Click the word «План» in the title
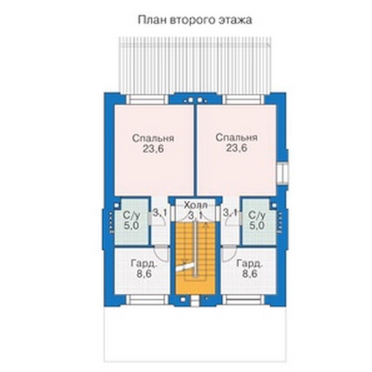pyautogui.click(x=153, y=20)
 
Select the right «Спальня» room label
pyautogui.click(x=237, y=138)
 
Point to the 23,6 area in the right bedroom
pyautogui.click(x=237, y=148)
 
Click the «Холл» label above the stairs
pyautogui.click(x=196, y=205)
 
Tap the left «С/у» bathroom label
pyautogui.click(x=132, y=216)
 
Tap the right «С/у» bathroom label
pyautogui.click(x=257, y=216)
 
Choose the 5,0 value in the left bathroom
pyautogui.click(x=132, y=226)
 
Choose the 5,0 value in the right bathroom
pyautogui.click(x=257, y=226)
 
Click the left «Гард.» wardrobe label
pyautogui.click(x=144, y=263)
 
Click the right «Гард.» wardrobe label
pyautogui.click(x=250, y=263)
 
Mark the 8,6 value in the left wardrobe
pyautogui.click(x=144, y=274)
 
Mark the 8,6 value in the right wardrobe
pyautogui.click(x=250, y=274)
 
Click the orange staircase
pyautogui.click(x=196, y=258)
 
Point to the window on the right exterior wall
pyautogui.click(x=282, y=174)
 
